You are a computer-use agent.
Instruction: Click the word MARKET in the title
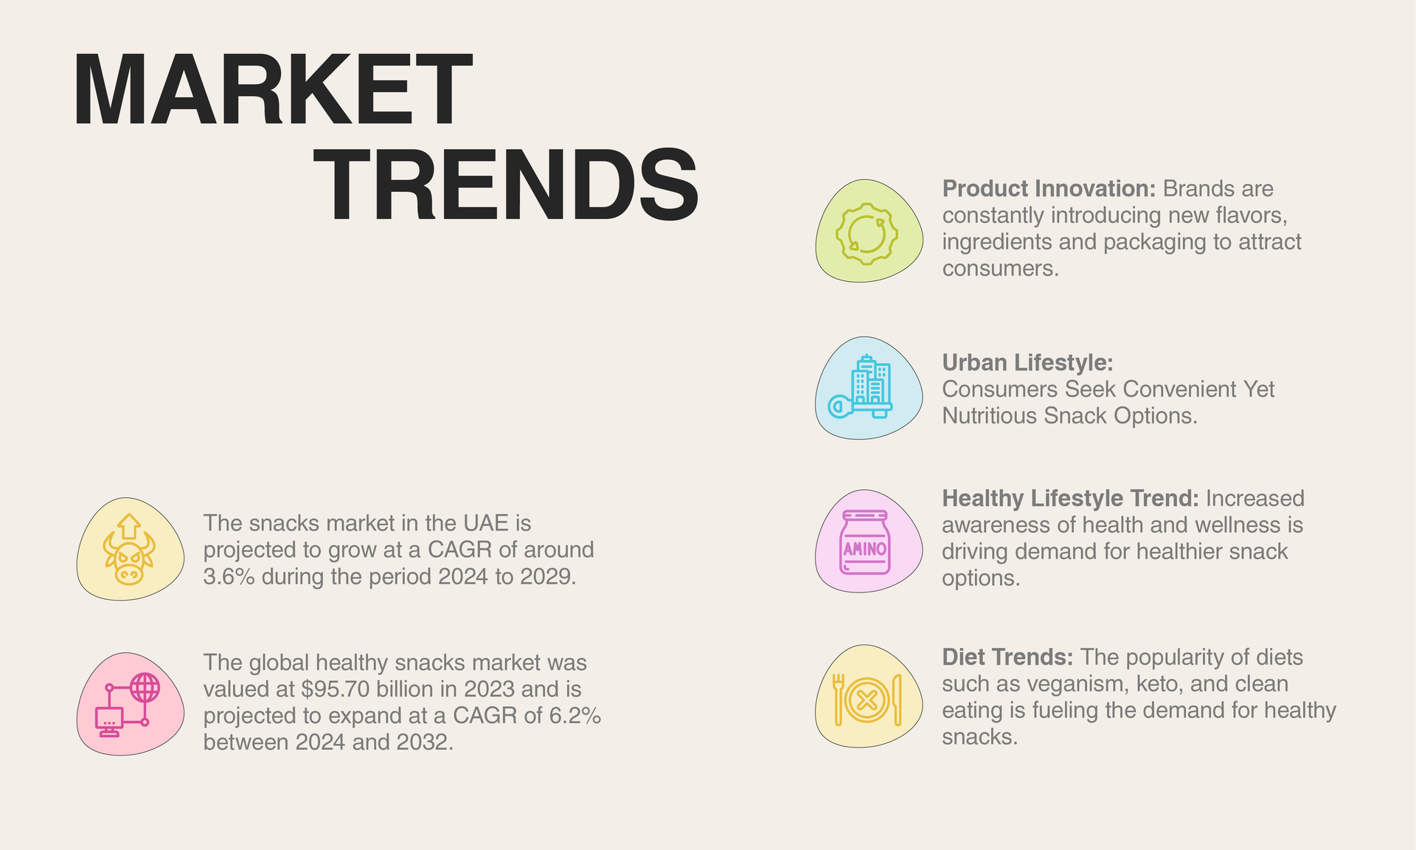(x=272, y=90)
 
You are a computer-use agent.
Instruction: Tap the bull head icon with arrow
(x=130, y=550)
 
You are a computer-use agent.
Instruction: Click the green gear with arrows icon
(x=867, y=233)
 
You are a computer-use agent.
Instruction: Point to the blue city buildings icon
(x=861, y=387)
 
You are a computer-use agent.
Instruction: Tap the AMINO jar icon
(x=865, y=542)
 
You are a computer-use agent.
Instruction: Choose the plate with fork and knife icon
(x=867, y=699)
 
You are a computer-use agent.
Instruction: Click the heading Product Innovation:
(x=1049, y=189)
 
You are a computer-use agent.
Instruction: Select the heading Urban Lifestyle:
(x=1027, y=363)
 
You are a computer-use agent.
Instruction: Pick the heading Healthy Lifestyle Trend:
(x=1070, y=499)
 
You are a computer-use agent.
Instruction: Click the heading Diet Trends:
(x=1007, y=657)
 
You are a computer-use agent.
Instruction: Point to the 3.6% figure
(x=229, y=577)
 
